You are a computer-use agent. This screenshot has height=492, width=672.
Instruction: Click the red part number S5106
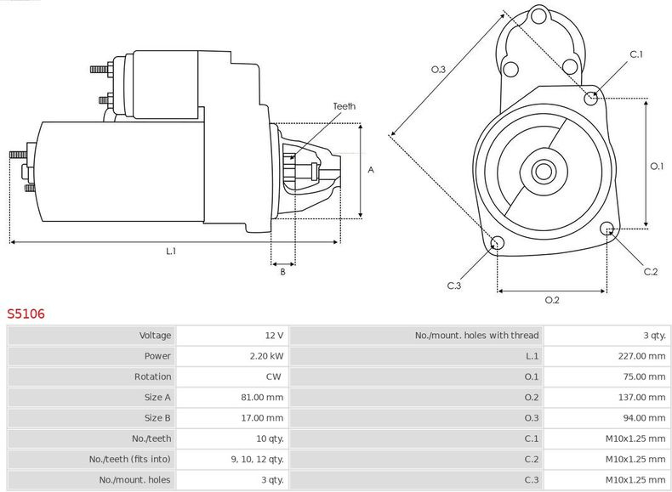pyautogui.click(x=26, y=314)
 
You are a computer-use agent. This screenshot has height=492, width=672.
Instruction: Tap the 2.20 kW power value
pyautogui.click(x=267, y=356)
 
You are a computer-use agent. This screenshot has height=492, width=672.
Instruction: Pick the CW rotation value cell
pyautogui.click(x=275, y=376)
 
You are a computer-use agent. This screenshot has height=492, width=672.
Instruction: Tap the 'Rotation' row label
pyautogui.click(x=152, y=376)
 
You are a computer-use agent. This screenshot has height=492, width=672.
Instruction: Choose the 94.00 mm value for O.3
pyautogui.click(x=646, y=418)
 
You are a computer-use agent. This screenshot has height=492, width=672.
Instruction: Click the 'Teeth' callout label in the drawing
pyautogui.click(x=344, y=106)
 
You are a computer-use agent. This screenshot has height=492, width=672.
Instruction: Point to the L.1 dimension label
pyautogui.click(x=171, y=251)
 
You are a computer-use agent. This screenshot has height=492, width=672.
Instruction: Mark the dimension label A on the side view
pyautogui.click(x=371, y=170)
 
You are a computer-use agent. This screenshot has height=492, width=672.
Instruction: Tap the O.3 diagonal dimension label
pyautogui.click(x=438, y=70)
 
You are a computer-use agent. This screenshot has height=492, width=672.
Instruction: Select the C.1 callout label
pyautogui.click(x=636, y=55)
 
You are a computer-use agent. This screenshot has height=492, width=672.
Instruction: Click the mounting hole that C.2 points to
pyautogui.click(x=607, y=229)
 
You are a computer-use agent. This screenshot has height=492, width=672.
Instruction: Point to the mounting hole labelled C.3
pyautogui.click(x=498, y=245)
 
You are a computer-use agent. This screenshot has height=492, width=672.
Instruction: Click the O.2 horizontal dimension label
pyautogui.click(x=551, y=299)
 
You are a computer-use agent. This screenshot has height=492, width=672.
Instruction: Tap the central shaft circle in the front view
pyautogui.click(x=543, y=172)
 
